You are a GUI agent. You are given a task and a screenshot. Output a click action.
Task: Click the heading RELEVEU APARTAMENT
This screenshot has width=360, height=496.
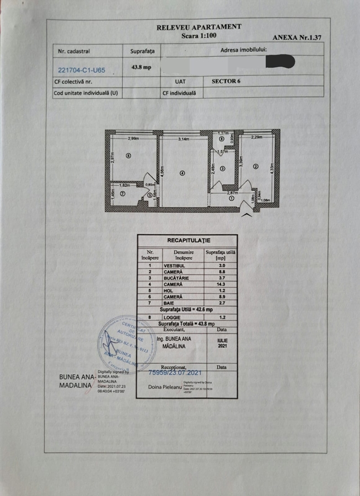click(198, 26)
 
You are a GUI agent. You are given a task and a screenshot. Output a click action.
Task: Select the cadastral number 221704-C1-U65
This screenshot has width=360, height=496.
click(82, 71)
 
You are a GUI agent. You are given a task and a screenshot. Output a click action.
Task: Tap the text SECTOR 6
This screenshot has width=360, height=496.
click(227, 80)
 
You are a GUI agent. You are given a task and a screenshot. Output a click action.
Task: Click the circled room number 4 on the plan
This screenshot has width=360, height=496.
click(182, 173)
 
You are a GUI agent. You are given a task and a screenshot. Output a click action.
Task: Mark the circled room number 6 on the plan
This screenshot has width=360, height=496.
click(128, 156)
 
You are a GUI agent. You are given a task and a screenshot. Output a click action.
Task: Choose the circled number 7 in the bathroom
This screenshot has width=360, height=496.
click(123, 194)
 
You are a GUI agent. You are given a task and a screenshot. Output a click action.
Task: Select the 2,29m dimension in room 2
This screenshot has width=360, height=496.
click(256, 137)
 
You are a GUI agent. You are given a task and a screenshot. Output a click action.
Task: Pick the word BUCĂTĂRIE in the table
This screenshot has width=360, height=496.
click(176, 279)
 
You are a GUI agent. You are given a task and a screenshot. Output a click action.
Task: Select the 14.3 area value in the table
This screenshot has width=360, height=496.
click(221, 285)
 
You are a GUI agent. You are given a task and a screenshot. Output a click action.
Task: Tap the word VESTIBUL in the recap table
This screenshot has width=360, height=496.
click(174, 266)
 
